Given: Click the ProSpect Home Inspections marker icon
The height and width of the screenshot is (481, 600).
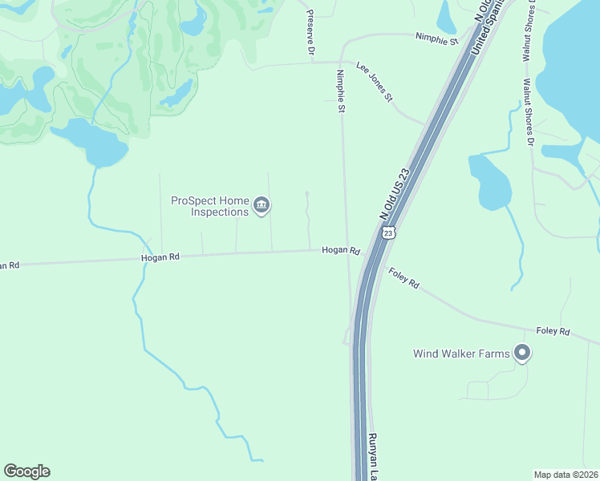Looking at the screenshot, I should tap(261, 206).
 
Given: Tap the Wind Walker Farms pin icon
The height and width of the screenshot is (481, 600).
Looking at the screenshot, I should tap(522, 353).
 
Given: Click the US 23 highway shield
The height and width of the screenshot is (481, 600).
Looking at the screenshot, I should tap(388, 232).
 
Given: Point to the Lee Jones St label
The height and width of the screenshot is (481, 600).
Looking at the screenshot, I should tap(374, 83).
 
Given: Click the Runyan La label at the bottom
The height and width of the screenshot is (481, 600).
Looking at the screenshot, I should tap(373, 457).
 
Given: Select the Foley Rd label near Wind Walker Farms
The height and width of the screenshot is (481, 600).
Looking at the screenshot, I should tap(553, 331).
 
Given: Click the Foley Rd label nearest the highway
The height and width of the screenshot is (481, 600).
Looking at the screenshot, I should tap(403, 278).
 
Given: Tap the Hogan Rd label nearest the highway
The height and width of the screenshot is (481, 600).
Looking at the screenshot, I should tap(340, 250).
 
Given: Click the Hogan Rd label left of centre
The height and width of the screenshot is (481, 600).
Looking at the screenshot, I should tap(160, 257).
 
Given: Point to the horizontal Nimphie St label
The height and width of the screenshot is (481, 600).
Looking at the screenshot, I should tap(436, 38).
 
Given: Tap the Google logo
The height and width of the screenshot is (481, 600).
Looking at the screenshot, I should tap(26, 471).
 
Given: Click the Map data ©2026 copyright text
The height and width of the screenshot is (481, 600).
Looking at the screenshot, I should tap(565, 475).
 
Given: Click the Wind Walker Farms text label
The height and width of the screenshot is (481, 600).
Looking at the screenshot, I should tap(461, 354).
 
